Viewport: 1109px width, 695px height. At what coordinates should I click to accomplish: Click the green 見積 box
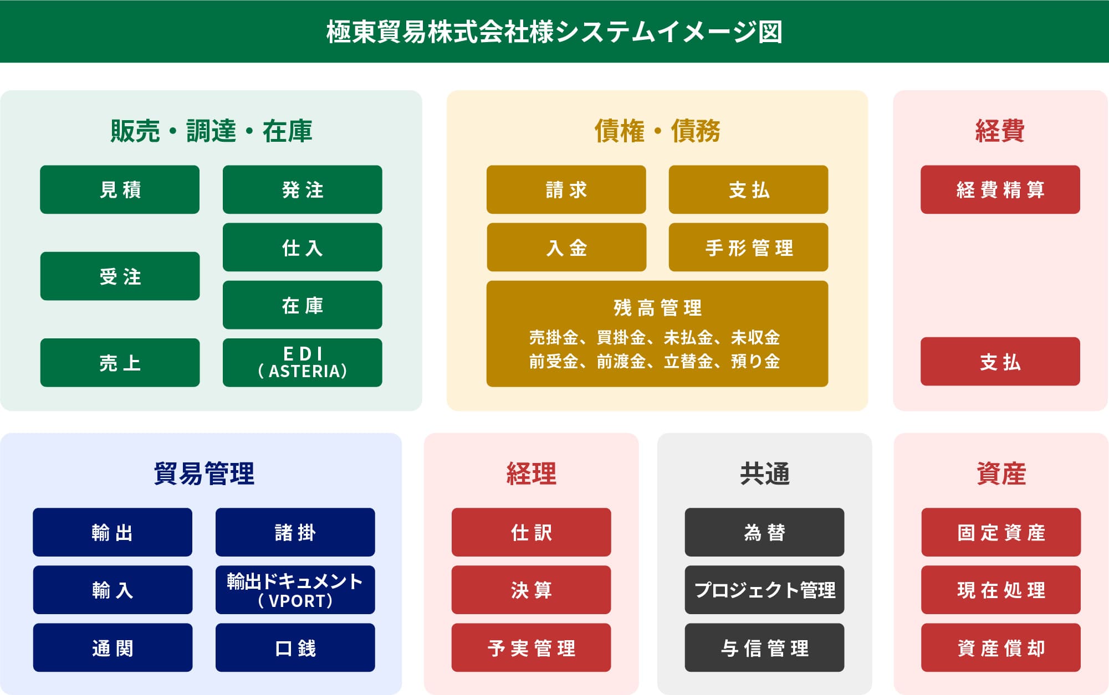pyautogui.click(x=120, y=189)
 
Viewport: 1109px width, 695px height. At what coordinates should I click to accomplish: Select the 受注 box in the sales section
pyautogui.click(x=120, y=276)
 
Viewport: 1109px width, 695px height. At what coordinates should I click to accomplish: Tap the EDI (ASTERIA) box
pyautogui.click(x=302, y=362)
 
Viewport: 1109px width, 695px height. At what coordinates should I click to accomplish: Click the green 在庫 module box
pyautogui.click(x=302, y=305)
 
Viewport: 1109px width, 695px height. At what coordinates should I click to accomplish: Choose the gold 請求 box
pyautogui.click(x=566, y=189)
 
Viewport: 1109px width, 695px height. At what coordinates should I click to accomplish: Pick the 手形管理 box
pyautogui.click(x=748, y=247)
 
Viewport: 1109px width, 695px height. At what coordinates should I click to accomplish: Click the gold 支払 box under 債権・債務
pyautogui.click(x=748, y=189)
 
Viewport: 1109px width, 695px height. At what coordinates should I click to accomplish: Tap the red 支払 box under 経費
pyautogui.click(x=1000, y=361)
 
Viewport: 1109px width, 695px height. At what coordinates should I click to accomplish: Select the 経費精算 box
pyautogui.click(x=1000, y=189)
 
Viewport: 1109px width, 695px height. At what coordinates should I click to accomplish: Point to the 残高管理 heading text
pyautogui.click(x=657, y=308)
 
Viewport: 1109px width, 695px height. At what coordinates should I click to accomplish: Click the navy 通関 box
pyautogui.click(x=113, y=647)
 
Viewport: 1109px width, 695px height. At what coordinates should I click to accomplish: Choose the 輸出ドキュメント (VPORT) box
pyautogui.click(x=295, y=590)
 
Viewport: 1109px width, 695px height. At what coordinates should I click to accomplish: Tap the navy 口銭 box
pyautogui.click(x=295, y=647)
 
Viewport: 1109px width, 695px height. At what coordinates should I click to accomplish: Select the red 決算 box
pyautogui.click(x=531, y=590)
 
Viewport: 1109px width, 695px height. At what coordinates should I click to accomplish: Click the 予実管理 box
pyautogui.click(x=531, y=647)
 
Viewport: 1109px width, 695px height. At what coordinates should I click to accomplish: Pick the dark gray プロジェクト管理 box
pyautogui.click(x=764, y=590)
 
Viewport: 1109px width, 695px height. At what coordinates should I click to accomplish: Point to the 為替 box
pyautogui.click(x=764, y=532)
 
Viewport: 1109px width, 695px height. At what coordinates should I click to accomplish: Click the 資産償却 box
pyautogui.click(x=1001, y=647)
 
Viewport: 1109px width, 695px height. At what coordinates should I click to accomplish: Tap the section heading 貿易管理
pyautogui.click(x=204, y=473)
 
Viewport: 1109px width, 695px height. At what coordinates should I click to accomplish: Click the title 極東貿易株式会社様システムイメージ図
pyautogui.click(x=554, y=32)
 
